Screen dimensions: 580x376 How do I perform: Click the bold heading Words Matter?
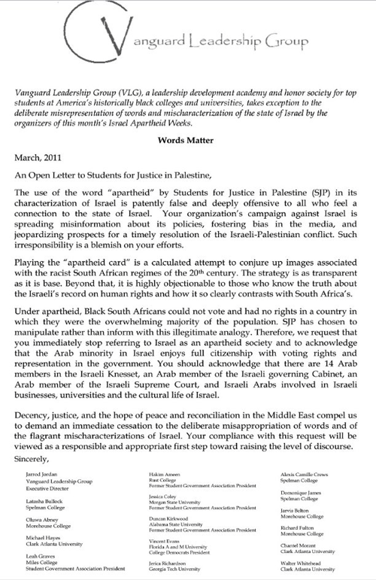(187, 118)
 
